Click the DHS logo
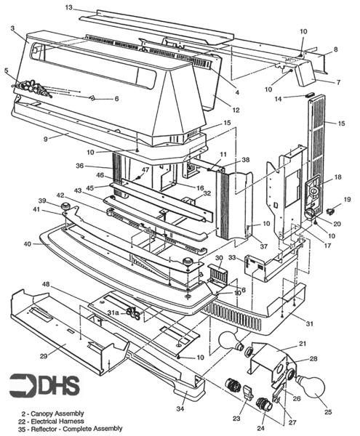[44, 386]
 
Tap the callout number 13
[68, 7]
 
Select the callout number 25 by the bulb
[328, 411]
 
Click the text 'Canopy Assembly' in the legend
[57, 413]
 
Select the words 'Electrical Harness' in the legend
[57, 421]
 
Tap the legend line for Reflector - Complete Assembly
[70, 429]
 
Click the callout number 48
[46, 284]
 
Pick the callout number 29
[44, 356]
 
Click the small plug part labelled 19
[330, 211]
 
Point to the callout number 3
[13, 28]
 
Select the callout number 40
[28, 244]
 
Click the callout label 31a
[113, 312]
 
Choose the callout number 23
[236, 419]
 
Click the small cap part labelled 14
[309, 95]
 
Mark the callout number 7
[338, 82]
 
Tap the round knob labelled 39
[66, 206]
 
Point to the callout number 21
[302, 344]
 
